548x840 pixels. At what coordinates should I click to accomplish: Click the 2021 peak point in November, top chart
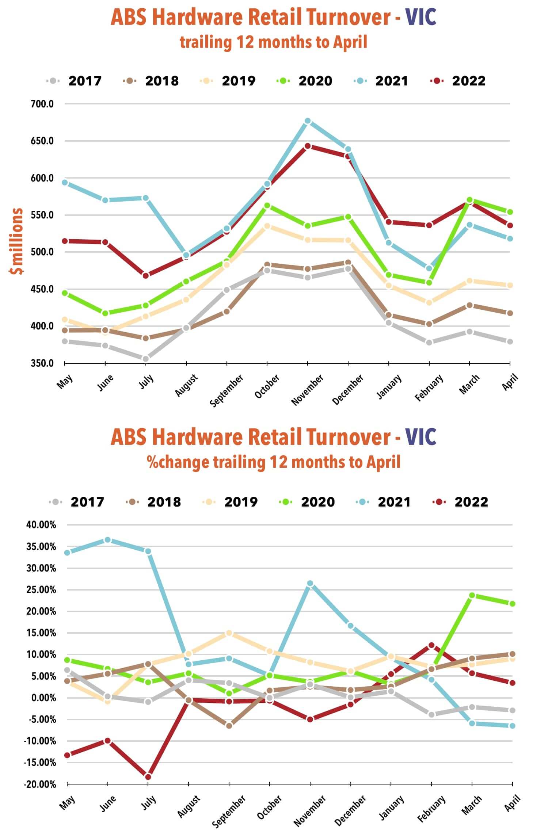click(308, 121)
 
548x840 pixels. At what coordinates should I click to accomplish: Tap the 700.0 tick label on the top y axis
click(42, 104)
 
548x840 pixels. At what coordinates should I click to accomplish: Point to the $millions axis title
click(17, 241)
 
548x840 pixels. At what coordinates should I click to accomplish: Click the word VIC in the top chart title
click(421, 17)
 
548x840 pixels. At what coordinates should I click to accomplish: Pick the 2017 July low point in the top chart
click(146, 359)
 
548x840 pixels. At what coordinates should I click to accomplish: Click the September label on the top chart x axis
click(227, 390)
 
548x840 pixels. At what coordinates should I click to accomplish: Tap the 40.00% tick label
click(41, 525)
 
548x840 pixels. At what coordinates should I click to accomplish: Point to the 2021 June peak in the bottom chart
click(107, 540)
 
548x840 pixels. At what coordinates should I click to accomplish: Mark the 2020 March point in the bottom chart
click(472, 595)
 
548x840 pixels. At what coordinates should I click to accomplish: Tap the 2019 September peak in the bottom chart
click(229, 633)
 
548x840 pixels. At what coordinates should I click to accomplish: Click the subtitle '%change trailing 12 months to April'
click(274, 462)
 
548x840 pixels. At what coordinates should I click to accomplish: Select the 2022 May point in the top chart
click(65, 241)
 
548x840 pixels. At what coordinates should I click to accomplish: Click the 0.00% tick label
click(43, 698)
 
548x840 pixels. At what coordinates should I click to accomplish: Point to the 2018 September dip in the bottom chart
click(229, 726)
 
